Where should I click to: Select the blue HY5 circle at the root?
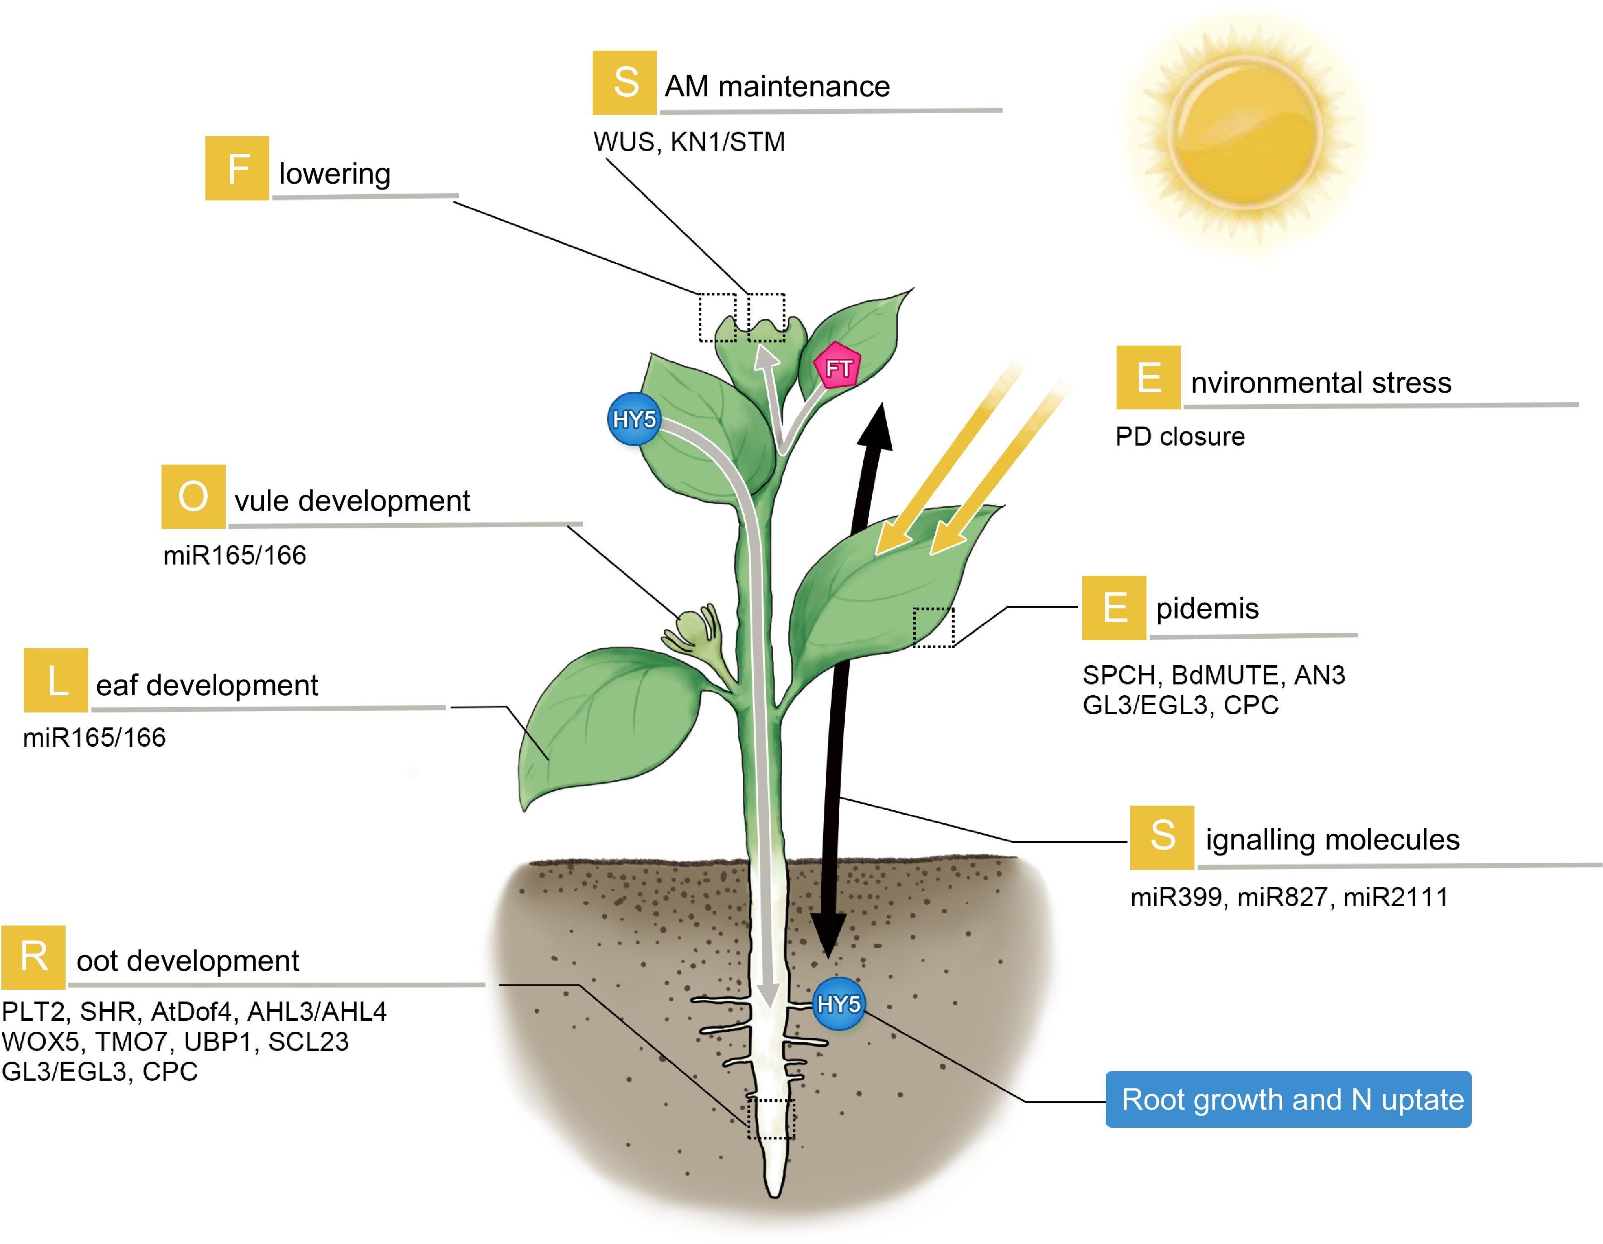(x=838, y=1003)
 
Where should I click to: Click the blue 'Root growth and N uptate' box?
(x=1288, y=1099)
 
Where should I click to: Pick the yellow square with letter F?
(x=237, y=168)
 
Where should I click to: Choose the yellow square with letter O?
(x=193, y=496)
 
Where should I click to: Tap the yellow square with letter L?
(x=56, y=680)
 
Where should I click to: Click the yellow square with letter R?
(x=34, y=957)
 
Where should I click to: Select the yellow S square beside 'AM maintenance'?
(x=625, y=82)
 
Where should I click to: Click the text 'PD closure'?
(x=1180, y=437)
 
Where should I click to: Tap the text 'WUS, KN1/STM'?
(x=689, y=142)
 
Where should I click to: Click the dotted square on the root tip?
(x=771, y=1119)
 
